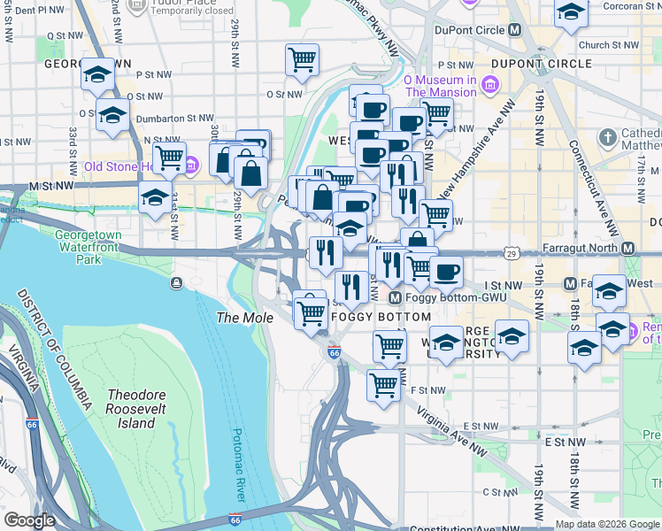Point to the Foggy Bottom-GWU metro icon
pos(396,299)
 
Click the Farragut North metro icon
pos(630,248)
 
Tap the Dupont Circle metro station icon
pos(514,30)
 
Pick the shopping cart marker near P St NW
pos(303,60)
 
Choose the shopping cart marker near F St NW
pos(383,385)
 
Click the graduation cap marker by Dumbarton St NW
pos(112,115)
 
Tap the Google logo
pos(29,521)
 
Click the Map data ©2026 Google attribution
pos(608,524)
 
